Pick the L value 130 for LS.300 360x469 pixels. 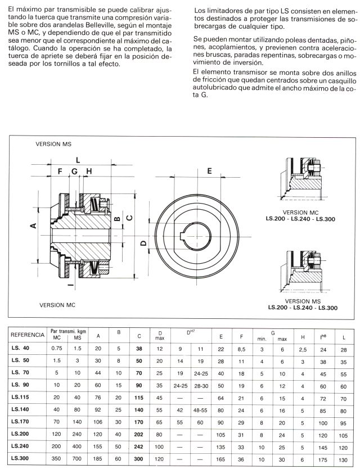pos(343,459)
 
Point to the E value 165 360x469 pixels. pos(220,459)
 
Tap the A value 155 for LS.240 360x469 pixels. pos(99,447)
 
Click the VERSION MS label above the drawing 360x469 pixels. pos(53,144)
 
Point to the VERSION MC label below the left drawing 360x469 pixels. pos(57,305)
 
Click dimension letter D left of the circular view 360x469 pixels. pos(143,243)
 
